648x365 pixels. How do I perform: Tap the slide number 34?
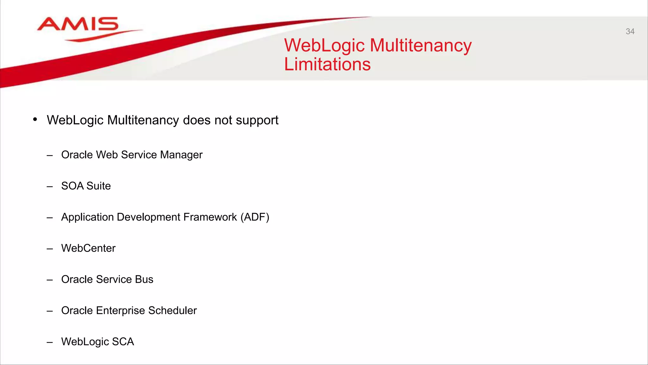(630, 31)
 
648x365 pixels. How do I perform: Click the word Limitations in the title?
(327, 64)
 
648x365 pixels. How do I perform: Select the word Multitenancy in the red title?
(421, 45)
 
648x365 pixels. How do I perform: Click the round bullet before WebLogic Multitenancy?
(35, 119)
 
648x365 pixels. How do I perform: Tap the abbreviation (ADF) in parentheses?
(255, 217)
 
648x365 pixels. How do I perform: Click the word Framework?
(210, 217)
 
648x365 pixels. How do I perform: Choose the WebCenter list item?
(88, 248)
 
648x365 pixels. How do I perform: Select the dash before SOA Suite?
(50, 186)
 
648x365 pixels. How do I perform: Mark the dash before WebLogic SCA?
(50, 342)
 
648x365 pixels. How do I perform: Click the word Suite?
(98, 186)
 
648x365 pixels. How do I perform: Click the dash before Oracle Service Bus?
(50, 280)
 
